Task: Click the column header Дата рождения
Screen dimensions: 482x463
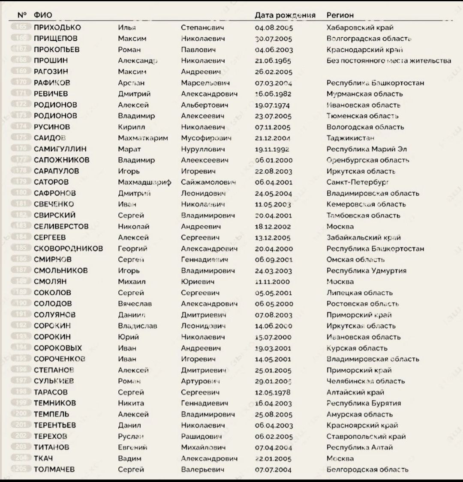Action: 285,15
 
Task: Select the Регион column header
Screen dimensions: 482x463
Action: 340,15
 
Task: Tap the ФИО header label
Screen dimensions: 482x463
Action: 43,15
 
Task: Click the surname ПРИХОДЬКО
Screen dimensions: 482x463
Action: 57,27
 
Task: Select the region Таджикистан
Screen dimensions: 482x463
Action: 350,138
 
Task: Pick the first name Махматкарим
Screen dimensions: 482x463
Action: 143,138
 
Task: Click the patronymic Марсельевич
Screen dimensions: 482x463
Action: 205,83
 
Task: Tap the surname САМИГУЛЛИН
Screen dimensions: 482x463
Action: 60,149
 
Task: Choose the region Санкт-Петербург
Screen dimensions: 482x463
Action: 358,182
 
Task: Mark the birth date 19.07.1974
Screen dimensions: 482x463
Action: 272,105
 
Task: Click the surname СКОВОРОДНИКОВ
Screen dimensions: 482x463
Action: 68,248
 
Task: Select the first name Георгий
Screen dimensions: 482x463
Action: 132,248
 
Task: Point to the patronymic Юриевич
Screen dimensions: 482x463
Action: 198,282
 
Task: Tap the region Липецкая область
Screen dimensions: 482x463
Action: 359,293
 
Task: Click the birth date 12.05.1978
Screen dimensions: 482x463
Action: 273,392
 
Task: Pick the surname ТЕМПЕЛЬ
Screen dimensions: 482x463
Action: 51,414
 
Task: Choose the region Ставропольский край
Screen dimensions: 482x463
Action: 366,437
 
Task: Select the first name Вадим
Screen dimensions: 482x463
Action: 129,458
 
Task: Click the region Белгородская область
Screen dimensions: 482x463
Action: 367,470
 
